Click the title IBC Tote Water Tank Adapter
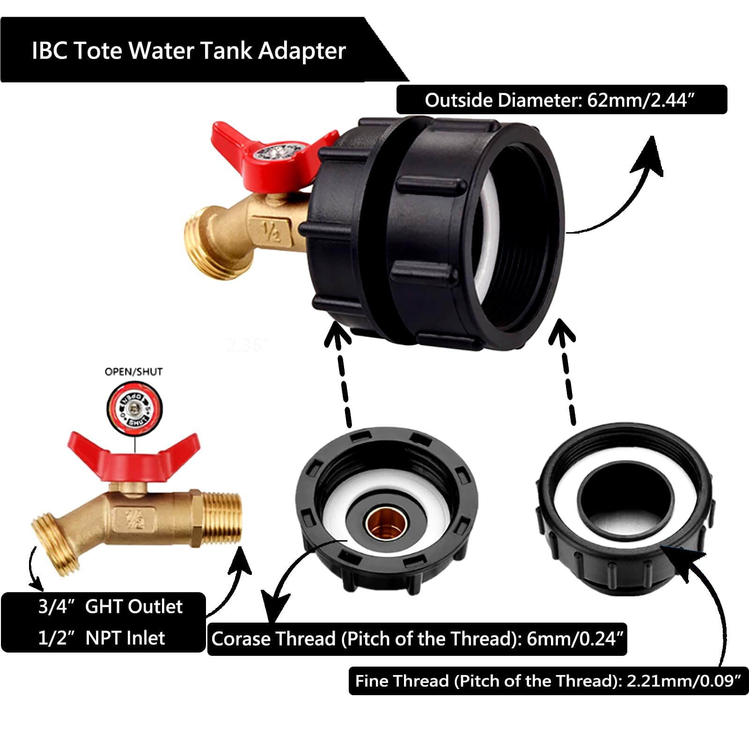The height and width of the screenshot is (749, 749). [189, 51]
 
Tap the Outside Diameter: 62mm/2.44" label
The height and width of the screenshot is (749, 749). [561, 100]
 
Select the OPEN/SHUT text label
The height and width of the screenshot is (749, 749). [133, 372]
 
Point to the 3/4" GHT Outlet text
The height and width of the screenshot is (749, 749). [110, 607]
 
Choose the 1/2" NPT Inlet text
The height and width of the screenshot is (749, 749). [102, 638]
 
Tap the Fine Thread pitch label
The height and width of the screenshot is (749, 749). [548, 681]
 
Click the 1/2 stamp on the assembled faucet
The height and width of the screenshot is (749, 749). [270, 229]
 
